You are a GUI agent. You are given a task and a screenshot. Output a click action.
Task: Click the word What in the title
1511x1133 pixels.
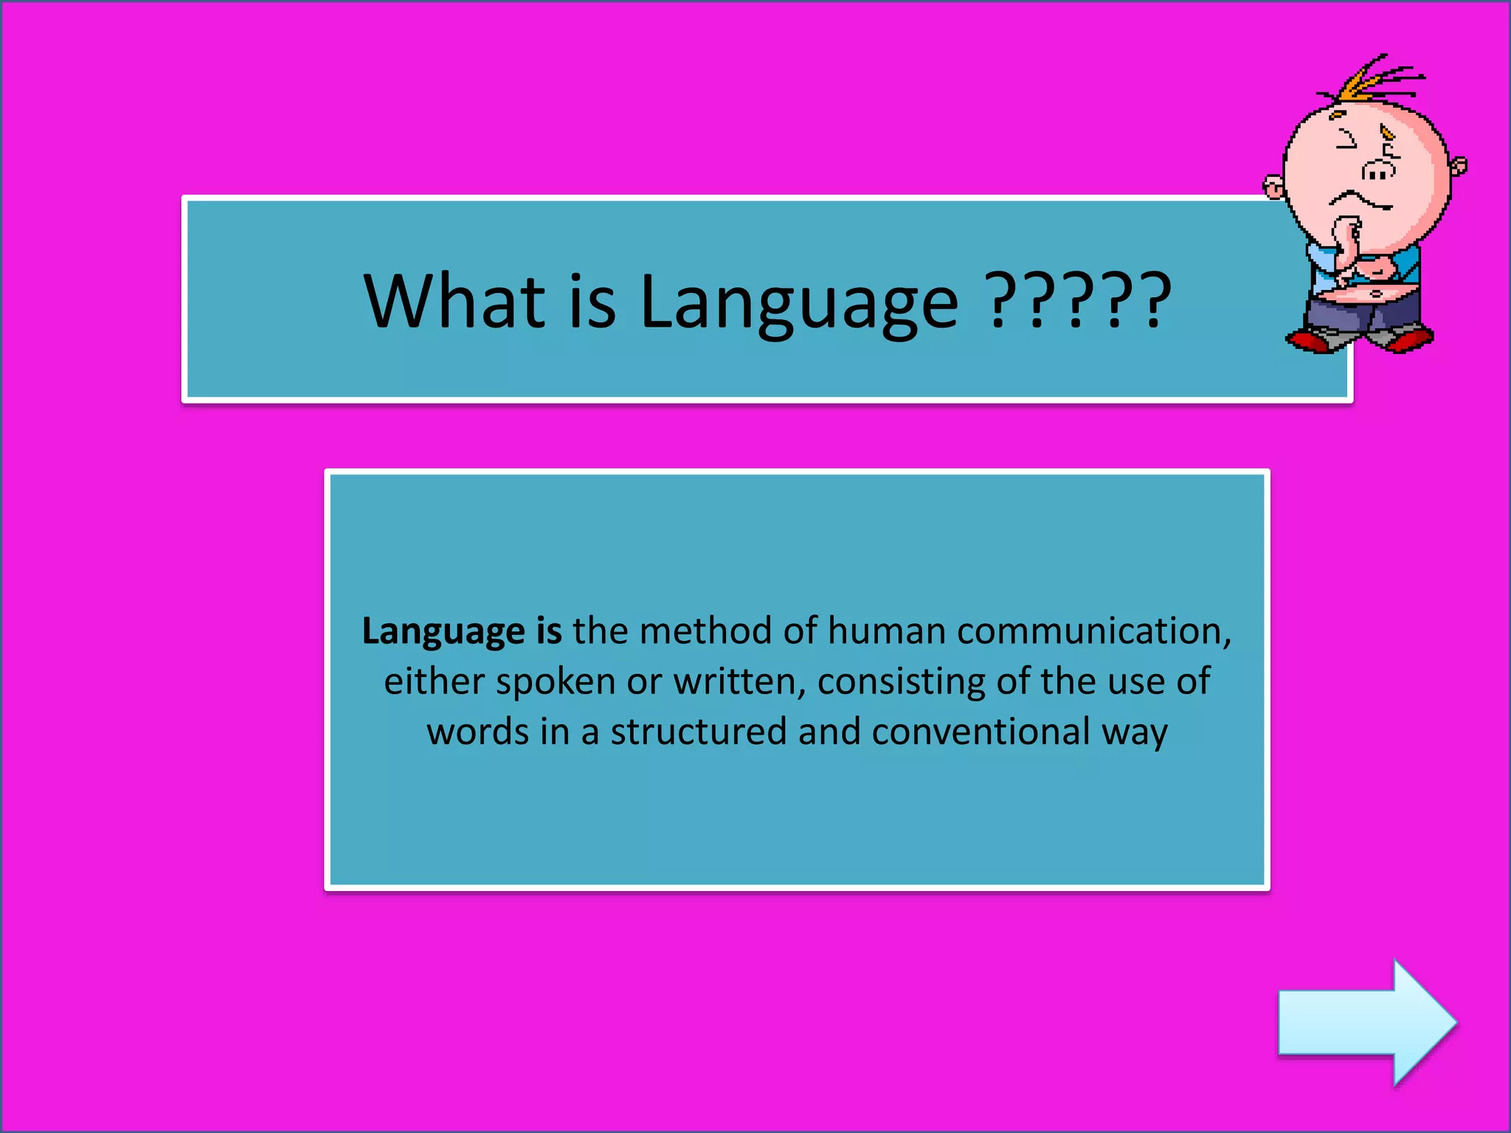(454, 300)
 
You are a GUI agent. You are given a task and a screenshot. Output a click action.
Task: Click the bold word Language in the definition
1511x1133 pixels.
(443, 632)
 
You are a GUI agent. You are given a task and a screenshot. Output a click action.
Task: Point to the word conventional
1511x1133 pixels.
(981, 732)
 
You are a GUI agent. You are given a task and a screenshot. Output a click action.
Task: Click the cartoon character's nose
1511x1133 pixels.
(1378, 171)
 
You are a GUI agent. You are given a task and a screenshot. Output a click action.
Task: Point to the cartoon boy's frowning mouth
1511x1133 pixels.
(1361, 200)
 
